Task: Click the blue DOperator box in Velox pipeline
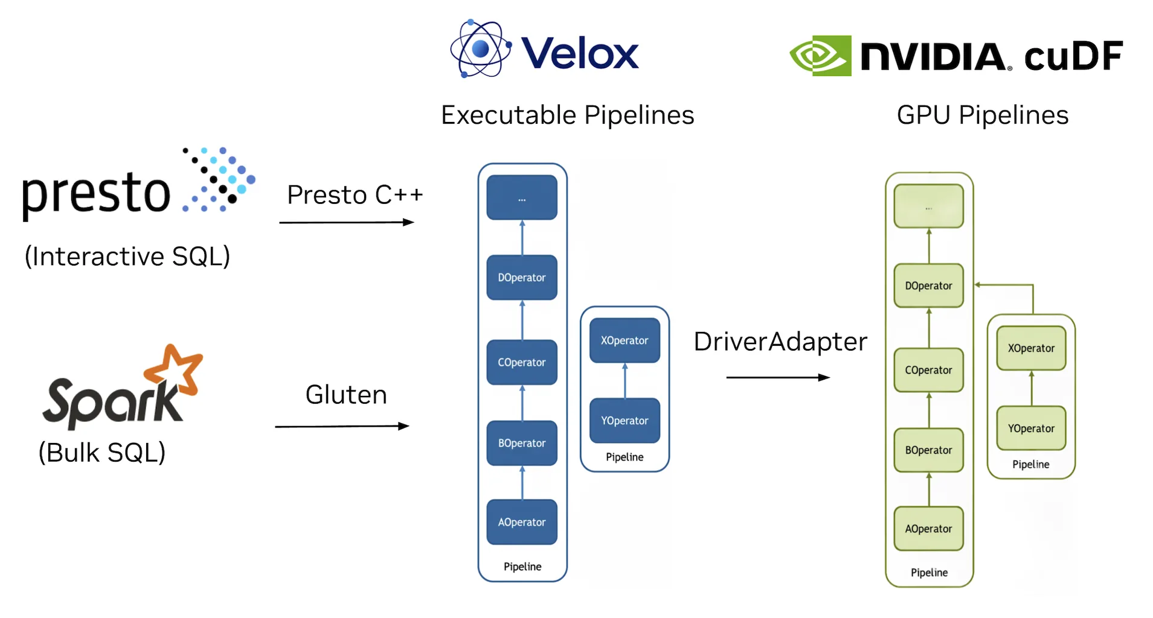coord(522,278)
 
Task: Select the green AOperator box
coord(928,529)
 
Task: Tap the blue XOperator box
coord(625,340)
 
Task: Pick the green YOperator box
coord(1031,428)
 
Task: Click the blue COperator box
coord(522,362)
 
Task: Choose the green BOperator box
coord(928,450)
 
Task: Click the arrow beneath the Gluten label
coord(342,427)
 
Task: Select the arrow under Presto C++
coord(347,223)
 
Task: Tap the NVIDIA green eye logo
coord(820,56)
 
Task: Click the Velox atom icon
coord(481,49)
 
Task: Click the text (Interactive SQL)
coord(127,256)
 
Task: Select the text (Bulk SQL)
coord(102,453)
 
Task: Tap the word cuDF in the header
coord(1073,56)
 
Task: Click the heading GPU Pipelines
coord(983,115)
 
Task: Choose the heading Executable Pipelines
coord(568,115)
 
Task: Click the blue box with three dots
coord(522,198)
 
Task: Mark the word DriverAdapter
coord(780,342)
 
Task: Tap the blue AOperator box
coord(522,522)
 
